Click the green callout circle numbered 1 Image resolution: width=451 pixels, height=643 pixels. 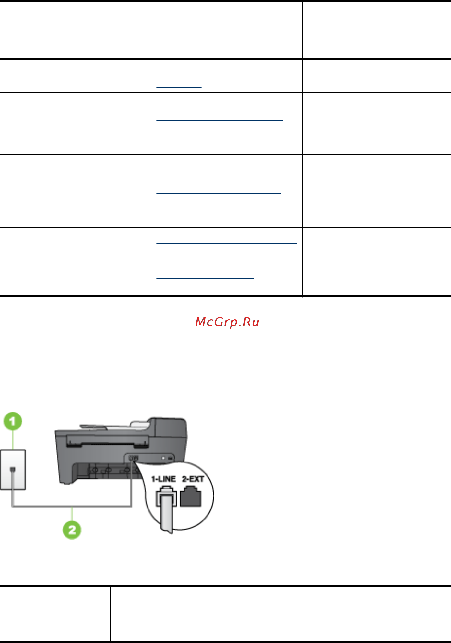13,421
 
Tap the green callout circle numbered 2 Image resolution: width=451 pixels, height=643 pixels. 72,530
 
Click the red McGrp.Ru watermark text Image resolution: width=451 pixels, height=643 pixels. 227,322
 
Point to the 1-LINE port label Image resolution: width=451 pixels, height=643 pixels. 163,479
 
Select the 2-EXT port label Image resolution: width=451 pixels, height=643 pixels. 193,479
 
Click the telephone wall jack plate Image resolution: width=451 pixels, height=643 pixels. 13,469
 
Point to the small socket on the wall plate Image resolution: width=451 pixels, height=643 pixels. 13,469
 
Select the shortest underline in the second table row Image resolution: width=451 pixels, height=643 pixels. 179,87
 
